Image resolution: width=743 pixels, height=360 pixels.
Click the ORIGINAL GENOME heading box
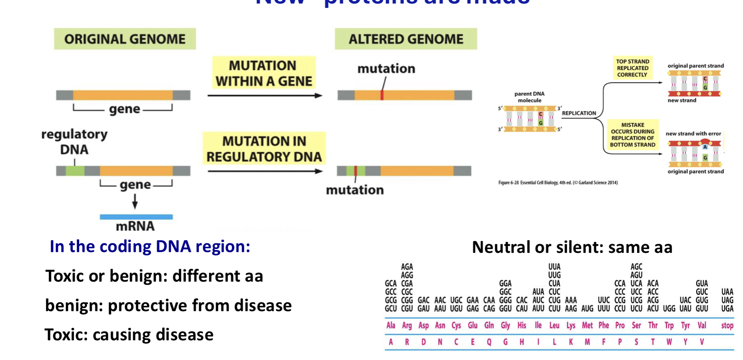(x=125, y=39)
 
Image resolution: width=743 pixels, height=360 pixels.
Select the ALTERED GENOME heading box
(x=406, y=39)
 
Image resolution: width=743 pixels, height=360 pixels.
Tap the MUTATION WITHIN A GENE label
(x=264, y=73)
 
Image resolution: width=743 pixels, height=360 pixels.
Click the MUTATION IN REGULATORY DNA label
(x=264, y=149)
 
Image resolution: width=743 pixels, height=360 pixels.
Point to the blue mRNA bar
(x=136, y=217)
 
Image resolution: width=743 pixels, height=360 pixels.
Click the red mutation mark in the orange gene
(x=382, y=95)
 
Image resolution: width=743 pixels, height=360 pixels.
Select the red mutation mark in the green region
(x=355, y=171)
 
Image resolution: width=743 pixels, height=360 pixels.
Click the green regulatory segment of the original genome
(x=75, y=171)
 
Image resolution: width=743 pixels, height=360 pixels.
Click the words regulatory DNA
(x=74, y=142)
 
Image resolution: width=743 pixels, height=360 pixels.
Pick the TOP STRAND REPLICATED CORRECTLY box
(x=632, y=68)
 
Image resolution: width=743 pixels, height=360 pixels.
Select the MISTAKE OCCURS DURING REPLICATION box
(x=633, y=135)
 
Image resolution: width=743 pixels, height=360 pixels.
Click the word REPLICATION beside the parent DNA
(x=579, y=113)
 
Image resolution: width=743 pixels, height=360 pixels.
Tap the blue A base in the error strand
(x=705, y=147)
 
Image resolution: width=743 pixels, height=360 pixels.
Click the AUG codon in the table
(x=587, y=308)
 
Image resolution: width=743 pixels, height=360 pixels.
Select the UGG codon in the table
(x=669, y=308)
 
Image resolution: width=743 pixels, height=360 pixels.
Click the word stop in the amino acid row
(x=727, y=325)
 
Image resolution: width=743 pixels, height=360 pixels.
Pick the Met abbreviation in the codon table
(x=587, y=325)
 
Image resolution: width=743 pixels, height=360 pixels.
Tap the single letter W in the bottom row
(x=669, y=342)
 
